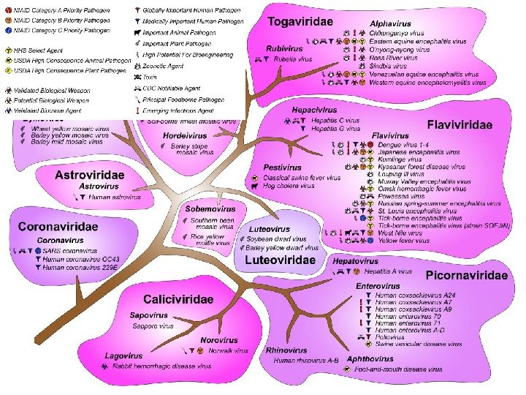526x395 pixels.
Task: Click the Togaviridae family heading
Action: click(x=301, y=23)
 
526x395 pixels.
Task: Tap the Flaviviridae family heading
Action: click(x=460, y=125)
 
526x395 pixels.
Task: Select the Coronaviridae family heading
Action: click(x=58, y=227)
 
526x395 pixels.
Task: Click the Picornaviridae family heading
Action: click(x=467, y=276)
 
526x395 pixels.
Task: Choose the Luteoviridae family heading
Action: click(x=280, y=260)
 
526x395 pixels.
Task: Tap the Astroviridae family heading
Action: click(x=89, y=175)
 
